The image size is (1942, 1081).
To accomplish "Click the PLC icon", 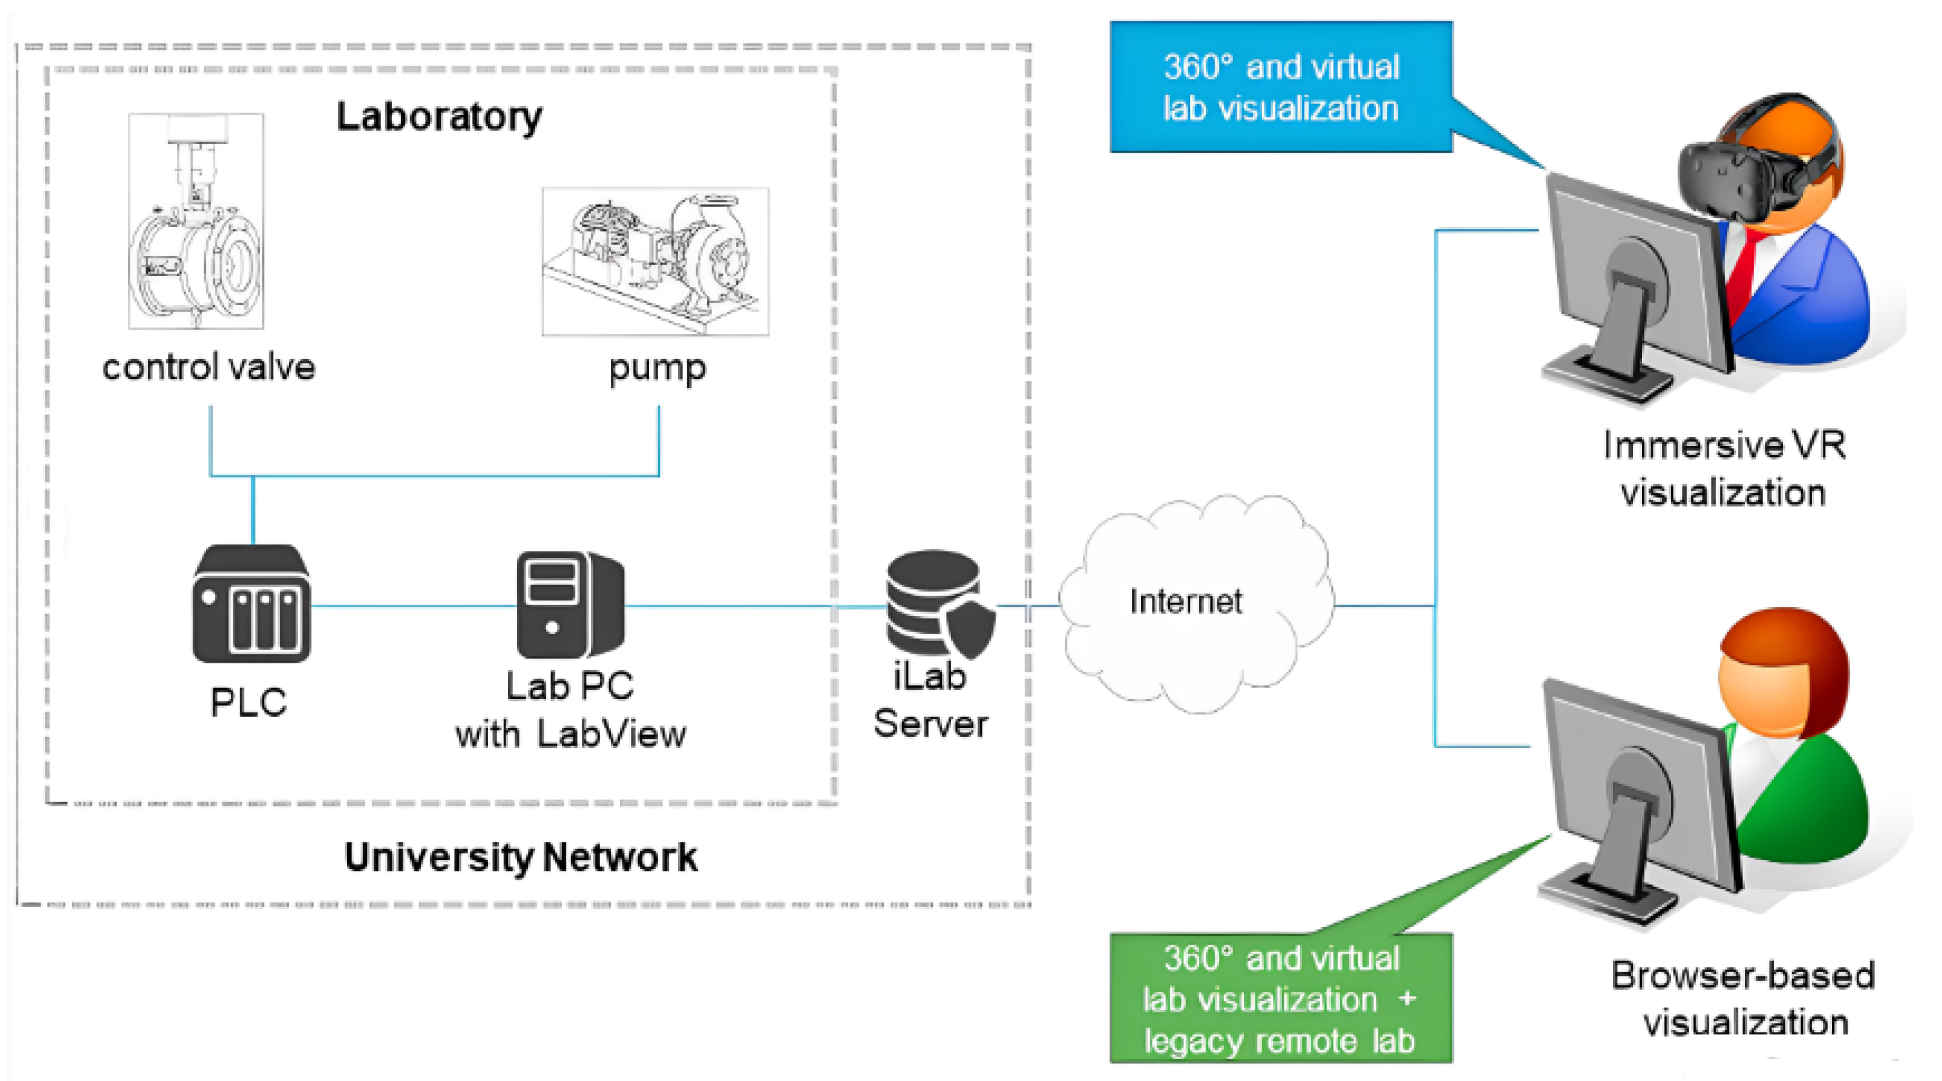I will click(x=251, y=604).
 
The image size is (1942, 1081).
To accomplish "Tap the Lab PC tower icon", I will click(x=569, y=604).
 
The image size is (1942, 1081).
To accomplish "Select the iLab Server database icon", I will click(x=934, y=599).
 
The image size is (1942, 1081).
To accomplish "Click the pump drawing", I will click(x=655, y=261).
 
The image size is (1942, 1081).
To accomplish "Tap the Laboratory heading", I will click(x=439, y=117).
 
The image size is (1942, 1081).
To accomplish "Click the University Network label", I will click(x=520, y=857).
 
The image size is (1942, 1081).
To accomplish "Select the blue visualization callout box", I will click(x=1280, y=87).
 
